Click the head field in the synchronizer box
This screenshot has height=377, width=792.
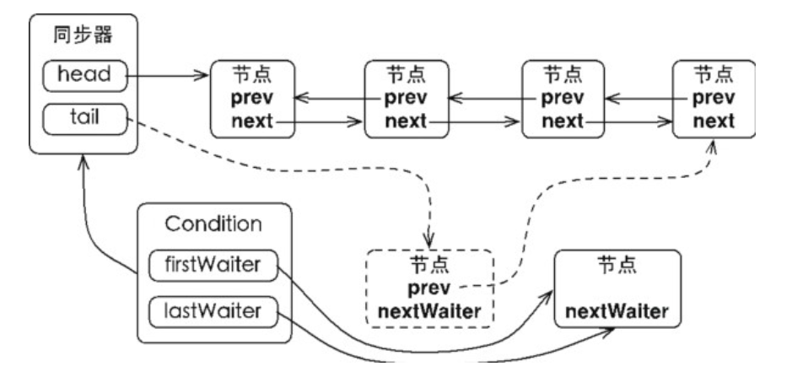click(x=84, y=76)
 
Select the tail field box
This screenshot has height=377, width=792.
click(x=84, y=119)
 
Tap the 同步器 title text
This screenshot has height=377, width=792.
click(x=84, y=35)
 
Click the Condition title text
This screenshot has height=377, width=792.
click(x=213, y=224)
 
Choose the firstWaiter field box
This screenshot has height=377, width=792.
click(x=213, y=266)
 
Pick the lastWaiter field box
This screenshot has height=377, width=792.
click(x=213, y=312)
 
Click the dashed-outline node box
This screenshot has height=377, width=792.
click(x=428, y=288)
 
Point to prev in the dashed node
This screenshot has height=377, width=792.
click(x=428, y=288)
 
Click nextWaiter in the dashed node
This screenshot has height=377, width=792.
click(x=428, y=312)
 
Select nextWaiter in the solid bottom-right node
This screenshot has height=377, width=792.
click(x=617, y=311)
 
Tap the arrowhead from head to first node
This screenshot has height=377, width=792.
click(x=201, y=76)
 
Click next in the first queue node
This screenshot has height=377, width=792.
click(x=252, y=121)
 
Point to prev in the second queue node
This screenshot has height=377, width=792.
click(x=406, y=98)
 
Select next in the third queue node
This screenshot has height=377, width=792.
click(x=563, y=121)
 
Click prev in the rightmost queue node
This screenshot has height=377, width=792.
click(x=714, y=98)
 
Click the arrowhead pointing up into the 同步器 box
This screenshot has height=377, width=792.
click(x=84, y=163)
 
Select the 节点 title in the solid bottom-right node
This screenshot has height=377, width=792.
click(x=617, y=264)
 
